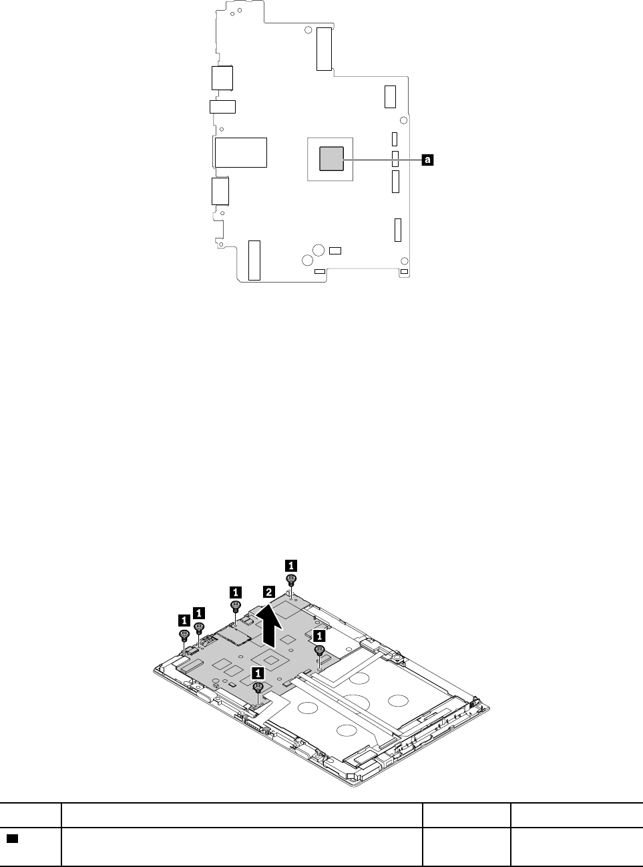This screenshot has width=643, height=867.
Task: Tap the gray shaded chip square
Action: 331,158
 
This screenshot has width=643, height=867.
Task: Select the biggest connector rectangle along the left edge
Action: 240,152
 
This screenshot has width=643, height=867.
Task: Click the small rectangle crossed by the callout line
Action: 395,159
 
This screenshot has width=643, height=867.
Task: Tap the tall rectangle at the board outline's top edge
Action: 325,49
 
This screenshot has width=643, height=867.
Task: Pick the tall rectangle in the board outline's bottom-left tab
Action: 254,260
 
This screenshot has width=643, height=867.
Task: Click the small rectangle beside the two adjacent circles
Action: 335,250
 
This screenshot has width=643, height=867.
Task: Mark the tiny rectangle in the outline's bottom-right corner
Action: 403,272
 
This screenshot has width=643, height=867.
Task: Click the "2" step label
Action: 268,592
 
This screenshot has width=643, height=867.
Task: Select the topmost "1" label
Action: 291,563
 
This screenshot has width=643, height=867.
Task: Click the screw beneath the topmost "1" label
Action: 291,578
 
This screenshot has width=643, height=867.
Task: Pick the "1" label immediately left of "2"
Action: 235,591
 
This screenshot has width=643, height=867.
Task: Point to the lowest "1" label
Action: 257,673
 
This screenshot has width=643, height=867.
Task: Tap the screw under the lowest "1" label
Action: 257,687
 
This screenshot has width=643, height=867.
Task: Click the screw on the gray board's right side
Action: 320,649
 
